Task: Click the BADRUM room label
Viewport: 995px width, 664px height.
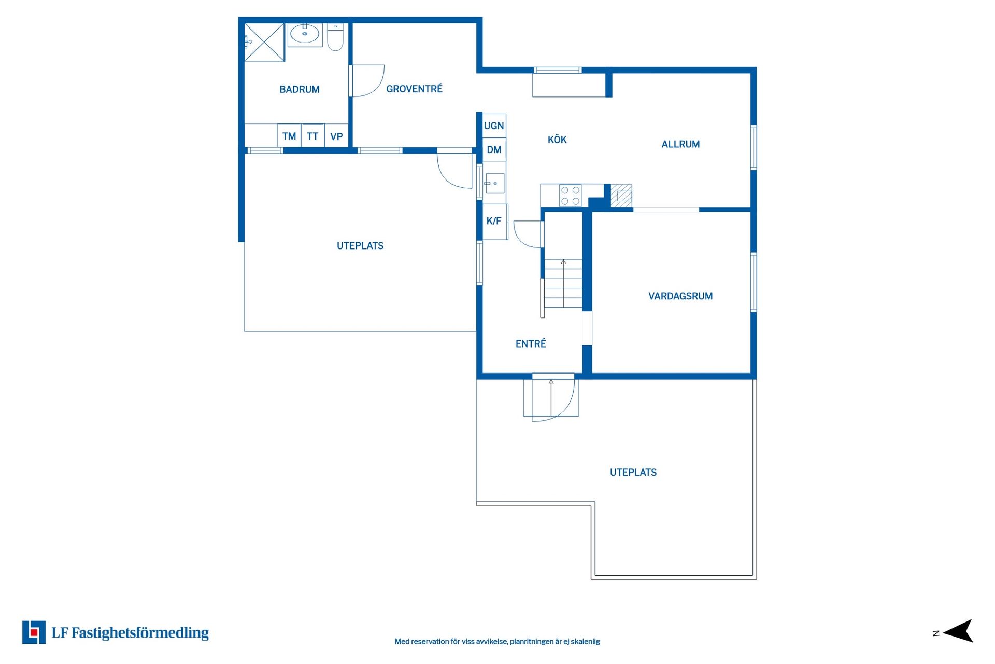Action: click(299, 89)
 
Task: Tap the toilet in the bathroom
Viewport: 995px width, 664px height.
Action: click(335, 37)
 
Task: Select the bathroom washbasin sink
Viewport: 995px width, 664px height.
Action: click(305, 35)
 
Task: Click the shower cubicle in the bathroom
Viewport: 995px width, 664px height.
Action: click(264, 42)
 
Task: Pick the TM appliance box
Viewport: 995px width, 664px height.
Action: click(289, 136)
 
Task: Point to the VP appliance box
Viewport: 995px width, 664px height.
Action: click(336, 136)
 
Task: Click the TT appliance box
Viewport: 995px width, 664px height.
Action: click(312, 136)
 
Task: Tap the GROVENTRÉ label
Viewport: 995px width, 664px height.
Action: click(414, 89)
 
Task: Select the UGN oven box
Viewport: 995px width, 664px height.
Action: click(494, 126)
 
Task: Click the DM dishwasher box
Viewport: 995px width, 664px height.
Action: click(494, 149)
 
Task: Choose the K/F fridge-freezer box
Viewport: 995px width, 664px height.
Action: click(494, 221)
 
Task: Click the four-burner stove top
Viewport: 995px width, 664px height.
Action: click(570, 196)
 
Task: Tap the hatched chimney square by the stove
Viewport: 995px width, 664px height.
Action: click(621, 196)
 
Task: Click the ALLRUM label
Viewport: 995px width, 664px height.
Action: click(680, 144)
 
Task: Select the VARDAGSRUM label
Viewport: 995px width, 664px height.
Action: click(680, 296)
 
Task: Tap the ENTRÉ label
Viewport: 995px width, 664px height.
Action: click(531, 343)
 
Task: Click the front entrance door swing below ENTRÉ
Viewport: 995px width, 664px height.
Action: click(555, 399)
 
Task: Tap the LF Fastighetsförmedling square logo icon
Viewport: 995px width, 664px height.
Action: click(34, 632)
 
